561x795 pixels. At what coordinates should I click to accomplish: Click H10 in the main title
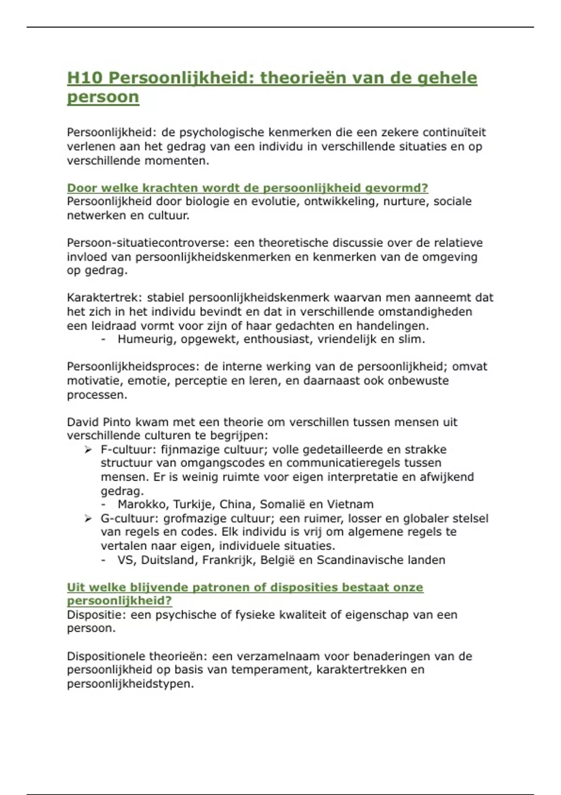tap(84, 78)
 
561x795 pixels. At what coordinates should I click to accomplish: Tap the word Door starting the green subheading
tap(82, 188)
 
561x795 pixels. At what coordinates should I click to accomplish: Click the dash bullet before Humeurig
tap(103, 340)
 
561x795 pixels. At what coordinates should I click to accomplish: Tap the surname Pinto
tap(116, 422)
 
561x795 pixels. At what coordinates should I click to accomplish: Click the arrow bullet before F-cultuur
tap(88, 450)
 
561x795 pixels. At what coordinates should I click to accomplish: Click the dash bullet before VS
tap(103, 560)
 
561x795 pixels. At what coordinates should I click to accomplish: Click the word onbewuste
tap(417, 381)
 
